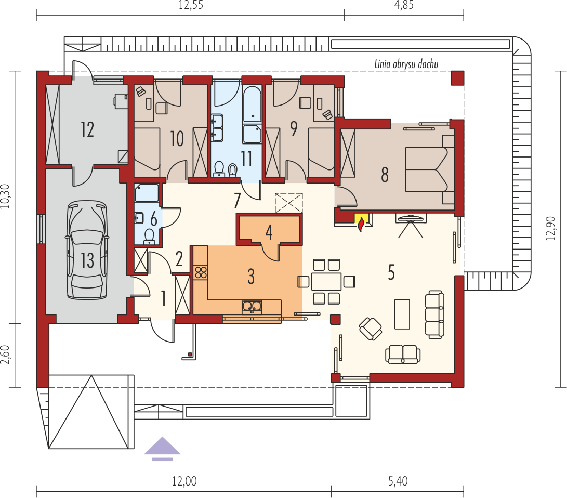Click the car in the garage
(x=87, y=250)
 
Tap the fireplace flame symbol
(x=361, y=225)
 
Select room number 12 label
(x=87, y=129)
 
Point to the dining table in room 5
(x=326, y=281)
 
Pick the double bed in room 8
(x=430, y=169)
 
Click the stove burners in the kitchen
(x=201, y=272)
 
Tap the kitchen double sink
(x=252, y=307)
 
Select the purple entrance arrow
(x=162, y=449)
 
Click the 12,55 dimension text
(x=191, y=5)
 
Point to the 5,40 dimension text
(x=398, y=481)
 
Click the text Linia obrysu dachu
(x=406, y=64)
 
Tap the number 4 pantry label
(x=269, y=232)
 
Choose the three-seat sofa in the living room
(x=434, y=314)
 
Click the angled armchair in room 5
(x=370, y=329)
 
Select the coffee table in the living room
(x=402, y=314)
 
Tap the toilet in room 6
(x=149, y=236)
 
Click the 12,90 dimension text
(x=550, y=228)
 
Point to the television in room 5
(x=411, y=218)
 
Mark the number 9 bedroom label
(x=294, y=129)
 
